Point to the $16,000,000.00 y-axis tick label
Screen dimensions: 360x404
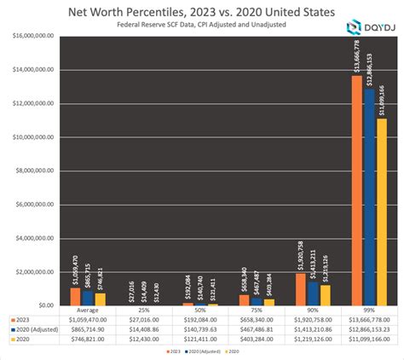point(33,36)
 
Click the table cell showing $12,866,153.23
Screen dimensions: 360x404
point(370,328)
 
